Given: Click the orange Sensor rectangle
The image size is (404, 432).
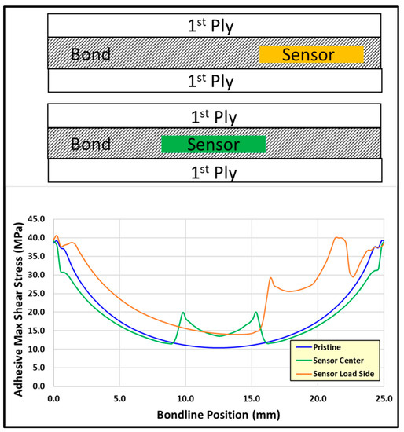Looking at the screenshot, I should point(311,54).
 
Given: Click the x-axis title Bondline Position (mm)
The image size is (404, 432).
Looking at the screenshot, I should point(218,415).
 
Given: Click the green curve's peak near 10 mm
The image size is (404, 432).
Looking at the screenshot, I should point(183,313).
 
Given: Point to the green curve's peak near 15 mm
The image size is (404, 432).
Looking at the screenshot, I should point(255,313).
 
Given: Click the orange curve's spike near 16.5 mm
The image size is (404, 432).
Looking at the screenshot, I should point(270,278).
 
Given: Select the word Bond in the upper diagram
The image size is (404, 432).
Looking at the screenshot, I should point(90,55).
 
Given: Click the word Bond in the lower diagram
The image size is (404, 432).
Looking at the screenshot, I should point(90,145).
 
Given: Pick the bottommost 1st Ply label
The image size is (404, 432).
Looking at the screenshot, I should point(214,171).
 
